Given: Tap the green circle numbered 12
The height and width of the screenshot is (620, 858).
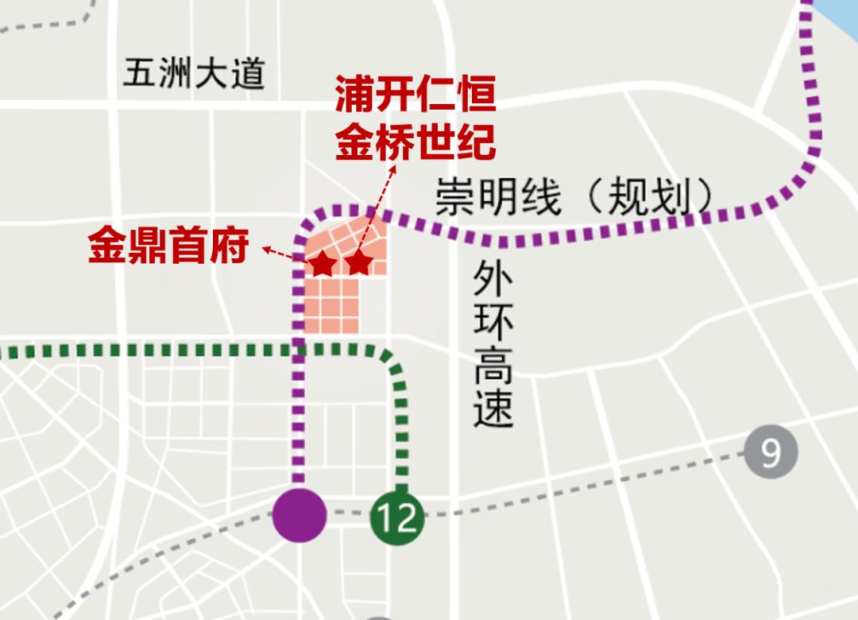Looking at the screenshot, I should pyautogui.click(x=397, y=518).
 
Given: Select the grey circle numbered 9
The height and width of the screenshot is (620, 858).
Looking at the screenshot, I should pyautogui.click(x=770, y=452).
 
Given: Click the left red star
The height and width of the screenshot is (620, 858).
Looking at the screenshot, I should pyautogui.click(x=322, y=263).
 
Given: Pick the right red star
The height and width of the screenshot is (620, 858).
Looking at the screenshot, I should pyautogui.click(x=358, y=262).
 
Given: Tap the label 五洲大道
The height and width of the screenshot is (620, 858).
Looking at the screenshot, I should pyautogui.click(x=193, y=76).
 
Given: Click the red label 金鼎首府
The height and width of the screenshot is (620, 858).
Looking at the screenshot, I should pyautogui.click(x=168, y=246).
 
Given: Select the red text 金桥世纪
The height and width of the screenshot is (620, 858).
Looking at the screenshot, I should pyautogui.click(x=415, y=143).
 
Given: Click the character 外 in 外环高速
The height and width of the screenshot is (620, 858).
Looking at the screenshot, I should pyautogui.click(x=493, y=279).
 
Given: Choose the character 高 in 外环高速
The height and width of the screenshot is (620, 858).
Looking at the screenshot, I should pyautogui.click(x=493, y=366).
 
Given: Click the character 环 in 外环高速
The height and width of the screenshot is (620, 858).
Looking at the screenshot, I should pyautogui.click(x=493, y=323).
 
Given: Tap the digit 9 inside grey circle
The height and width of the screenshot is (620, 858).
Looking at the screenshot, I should pyautogui.click(x=770, y=452).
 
